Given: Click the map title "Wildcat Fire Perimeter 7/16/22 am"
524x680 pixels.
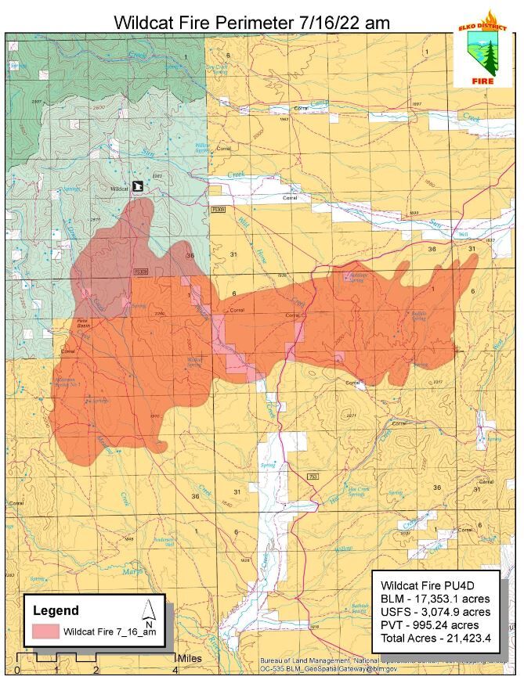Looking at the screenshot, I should pyautogui.click(x=251, y=22).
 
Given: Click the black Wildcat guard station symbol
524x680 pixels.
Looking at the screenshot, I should pyautogui.click(x=138, y=187).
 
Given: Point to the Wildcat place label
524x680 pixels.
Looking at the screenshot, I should pyautogui.click(x=119, y=189).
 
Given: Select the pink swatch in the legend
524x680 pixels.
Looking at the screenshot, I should pyautogui.click(x=45, y=631).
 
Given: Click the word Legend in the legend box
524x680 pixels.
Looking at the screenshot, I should pyautogui.click(x=56, y=610).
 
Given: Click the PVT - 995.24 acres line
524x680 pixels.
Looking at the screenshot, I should pyautogui.click(x=430, y=624).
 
